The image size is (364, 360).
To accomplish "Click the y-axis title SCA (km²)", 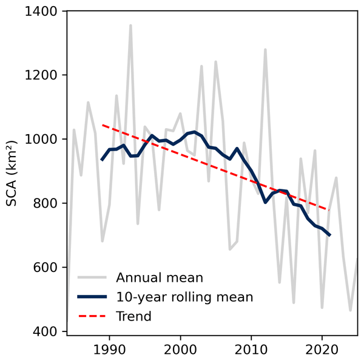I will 12,172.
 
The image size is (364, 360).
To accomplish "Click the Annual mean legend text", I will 160,278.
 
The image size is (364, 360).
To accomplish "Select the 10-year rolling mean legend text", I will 184,297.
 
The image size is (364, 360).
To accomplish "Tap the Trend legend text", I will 133,316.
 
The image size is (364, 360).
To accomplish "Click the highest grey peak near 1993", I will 130,25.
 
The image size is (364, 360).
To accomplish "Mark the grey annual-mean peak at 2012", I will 265,50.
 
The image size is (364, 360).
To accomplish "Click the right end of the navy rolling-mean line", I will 329,235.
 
